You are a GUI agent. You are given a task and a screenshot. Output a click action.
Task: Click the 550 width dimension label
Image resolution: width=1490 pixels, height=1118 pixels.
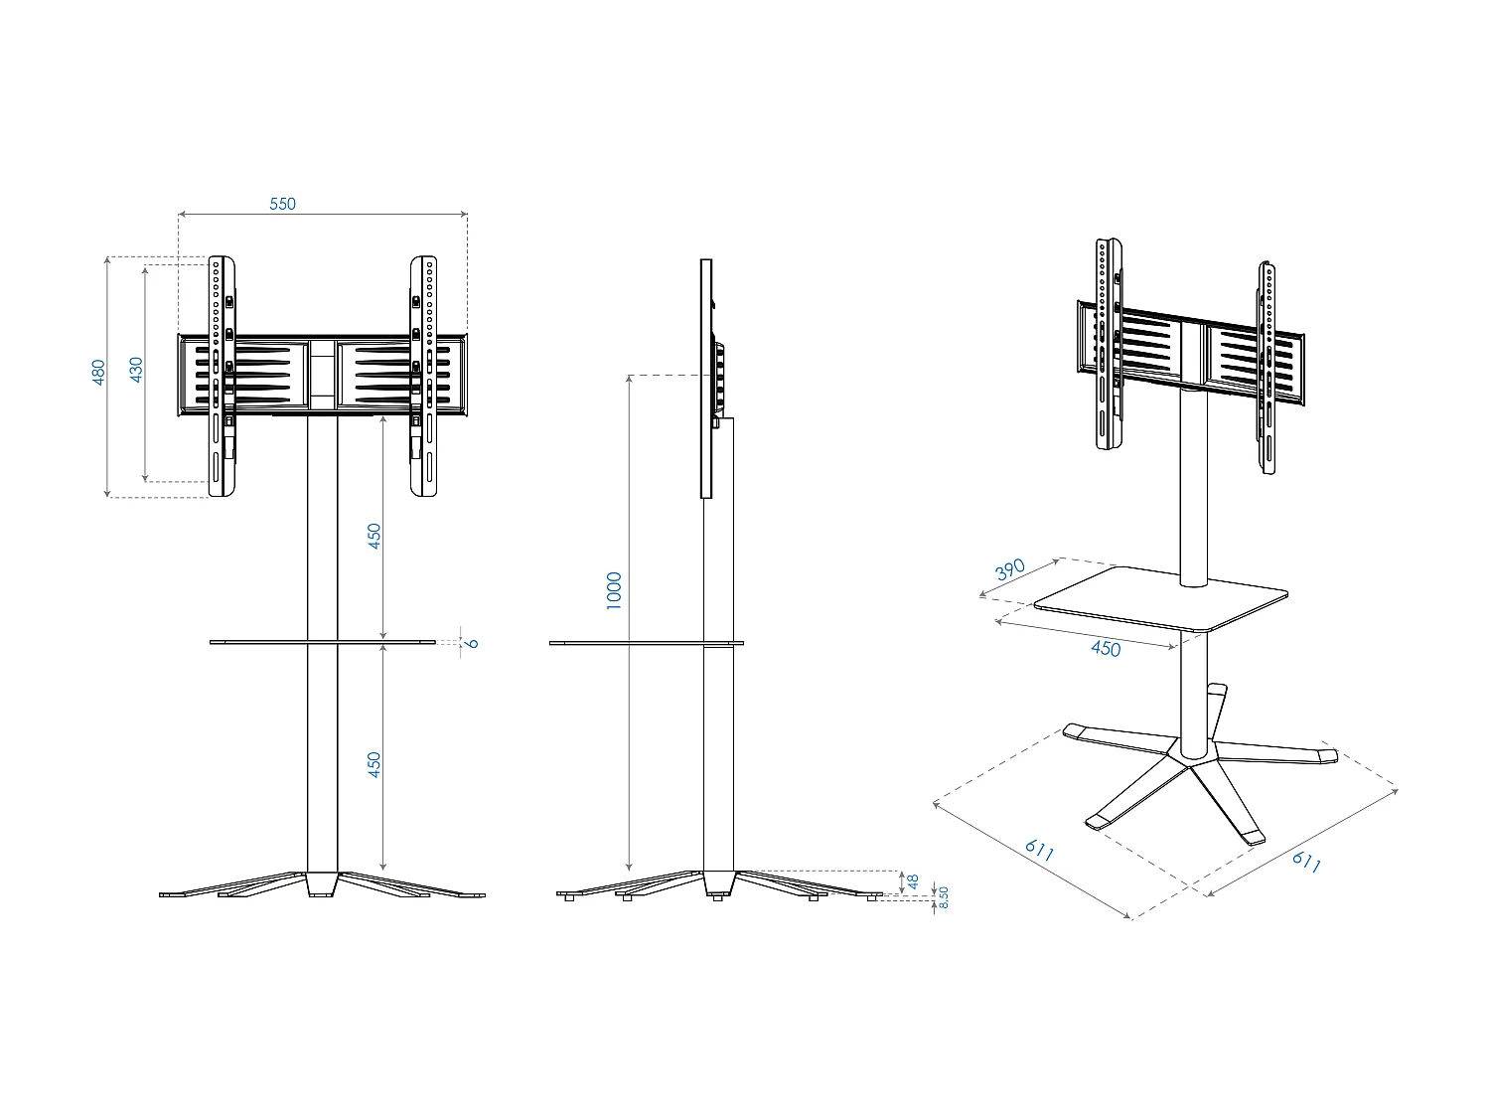(283, 204)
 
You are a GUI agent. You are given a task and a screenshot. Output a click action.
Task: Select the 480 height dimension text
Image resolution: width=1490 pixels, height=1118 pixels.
(99, 373)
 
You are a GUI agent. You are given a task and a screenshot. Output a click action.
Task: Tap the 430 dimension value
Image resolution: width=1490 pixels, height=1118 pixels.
(137, 369)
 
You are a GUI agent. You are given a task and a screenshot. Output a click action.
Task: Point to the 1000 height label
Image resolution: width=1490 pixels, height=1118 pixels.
(614, 590)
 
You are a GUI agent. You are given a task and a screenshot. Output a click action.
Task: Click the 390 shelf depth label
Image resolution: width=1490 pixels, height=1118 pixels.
(1009, 570)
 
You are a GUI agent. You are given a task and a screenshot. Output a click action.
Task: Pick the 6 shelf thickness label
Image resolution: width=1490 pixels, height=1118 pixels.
(473, 643)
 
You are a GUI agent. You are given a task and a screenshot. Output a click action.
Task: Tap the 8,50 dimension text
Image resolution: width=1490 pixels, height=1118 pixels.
(944, 898)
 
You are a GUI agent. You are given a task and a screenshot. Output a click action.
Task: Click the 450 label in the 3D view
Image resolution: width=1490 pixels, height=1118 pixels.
(1105, 649)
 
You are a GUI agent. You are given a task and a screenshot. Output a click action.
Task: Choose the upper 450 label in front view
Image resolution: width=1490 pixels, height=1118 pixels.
(374, 536)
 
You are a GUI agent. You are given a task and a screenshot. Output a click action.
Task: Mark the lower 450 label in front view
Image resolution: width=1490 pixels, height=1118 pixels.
(374, 763)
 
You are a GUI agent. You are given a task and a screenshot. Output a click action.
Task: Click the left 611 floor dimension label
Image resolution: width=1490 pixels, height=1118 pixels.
(1039, 850)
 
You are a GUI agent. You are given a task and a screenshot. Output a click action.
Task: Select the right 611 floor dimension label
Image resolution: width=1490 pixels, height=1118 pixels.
(1306, 862)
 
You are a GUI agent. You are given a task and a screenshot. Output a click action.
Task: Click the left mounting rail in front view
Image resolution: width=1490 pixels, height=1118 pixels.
(222, 378)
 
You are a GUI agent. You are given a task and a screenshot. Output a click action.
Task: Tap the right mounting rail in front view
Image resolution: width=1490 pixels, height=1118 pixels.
(424, 378)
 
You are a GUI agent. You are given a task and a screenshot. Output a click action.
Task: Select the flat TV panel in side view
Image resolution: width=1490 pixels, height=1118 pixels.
(706, 378)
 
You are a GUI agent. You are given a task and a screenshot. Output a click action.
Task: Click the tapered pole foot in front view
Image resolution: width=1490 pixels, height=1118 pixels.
(322, 884)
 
